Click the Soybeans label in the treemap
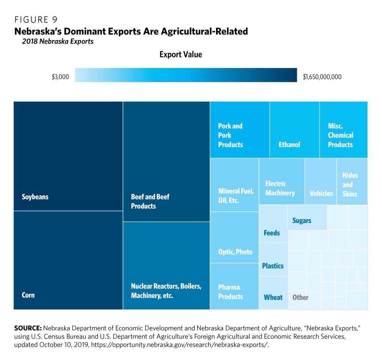click(35, 197)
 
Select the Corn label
click(28, 295)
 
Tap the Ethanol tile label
click(289, 144)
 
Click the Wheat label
click(273, 297)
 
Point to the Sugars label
click(302, 221)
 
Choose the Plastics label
click(273, 266)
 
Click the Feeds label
click(272, 233)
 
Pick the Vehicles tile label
click(321, 193)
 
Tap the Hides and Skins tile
click(350, 185)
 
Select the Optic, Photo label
click(235, 252)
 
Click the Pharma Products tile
click(231, 292)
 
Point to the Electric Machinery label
click(280, 188)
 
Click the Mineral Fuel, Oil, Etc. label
click(236, 196)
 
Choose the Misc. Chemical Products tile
click(340, 135)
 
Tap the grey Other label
click(300, 297)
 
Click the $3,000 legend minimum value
click(60, 77)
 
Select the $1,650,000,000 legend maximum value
click(322, 77)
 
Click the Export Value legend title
click(181, 55)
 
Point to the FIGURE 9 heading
click(36, 19)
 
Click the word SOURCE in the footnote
click(28, 328)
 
